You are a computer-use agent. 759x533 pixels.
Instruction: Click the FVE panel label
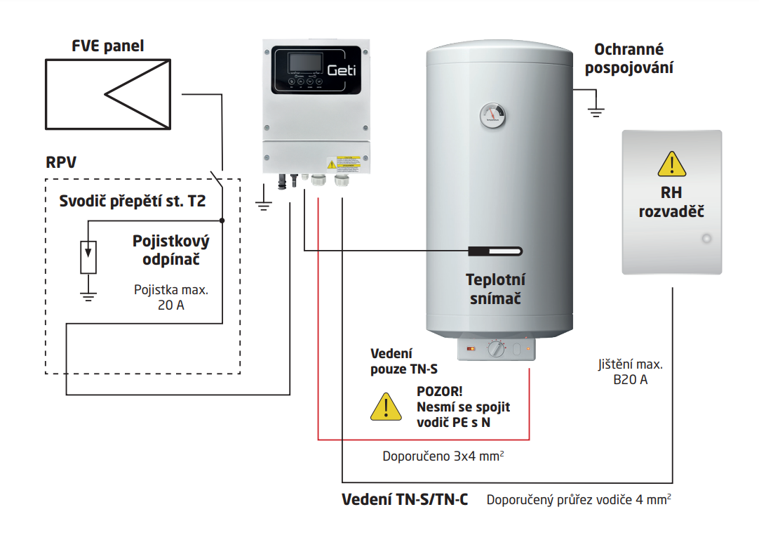point(107,46)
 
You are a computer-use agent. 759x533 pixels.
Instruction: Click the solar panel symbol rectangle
point(108,94)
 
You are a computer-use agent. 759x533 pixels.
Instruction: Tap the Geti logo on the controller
point(342,70)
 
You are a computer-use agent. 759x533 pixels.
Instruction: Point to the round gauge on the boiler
point(494,114)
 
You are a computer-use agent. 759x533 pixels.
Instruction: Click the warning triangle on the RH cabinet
point(671,165)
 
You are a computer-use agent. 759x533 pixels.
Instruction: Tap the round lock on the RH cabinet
point(706,239)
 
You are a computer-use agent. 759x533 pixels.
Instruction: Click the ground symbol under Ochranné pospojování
point(596,110)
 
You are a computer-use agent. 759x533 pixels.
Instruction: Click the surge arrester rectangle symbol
point(88,257)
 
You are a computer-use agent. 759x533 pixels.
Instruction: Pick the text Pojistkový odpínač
point(171,251)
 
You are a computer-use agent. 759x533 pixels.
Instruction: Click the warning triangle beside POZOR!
point(383,407)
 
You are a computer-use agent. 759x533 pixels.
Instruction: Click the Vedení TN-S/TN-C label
point(405,500)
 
